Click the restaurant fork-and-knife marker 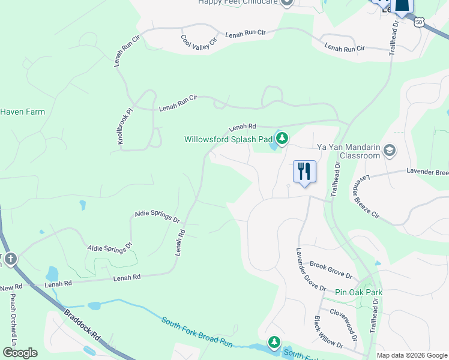point(304,172)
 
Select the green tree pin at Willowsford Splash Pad point(281,139)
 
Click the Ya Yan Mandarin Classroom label point(349,151)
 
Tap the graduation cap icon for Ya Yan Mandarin point(389,150)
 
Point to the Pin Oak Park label point(358,292)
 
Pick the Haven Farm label point(22,112)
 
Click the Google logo point(20,353)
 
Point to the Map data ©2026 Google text point(412,355)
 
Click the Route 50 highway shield point(418,21)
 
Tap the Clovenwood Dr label point(343,321)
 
